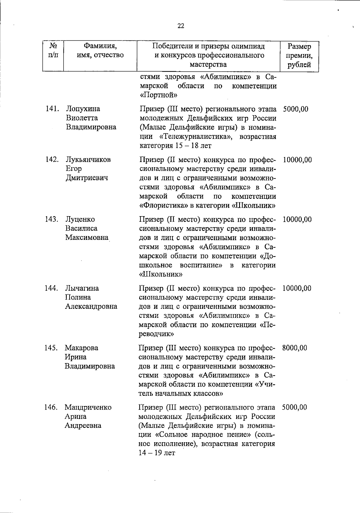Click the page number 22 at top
coord(181,26)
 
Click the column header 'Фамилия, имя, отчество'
coord(100,51)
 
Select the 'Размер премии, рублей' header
coord(299,55)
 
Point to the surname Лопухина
coord(83,109)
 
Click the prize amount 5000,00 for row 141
coord(295,109)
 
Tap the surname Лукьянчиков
coord(88,160)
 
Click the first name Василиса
coord(82,228)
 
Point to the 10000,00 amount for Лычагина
coord(297,288)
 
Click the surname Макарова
coord(82,348)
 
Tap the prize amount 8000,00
coord(295,348)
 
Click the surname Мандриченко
coord(88,407)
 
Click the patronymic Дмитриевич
coord(87,178)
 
